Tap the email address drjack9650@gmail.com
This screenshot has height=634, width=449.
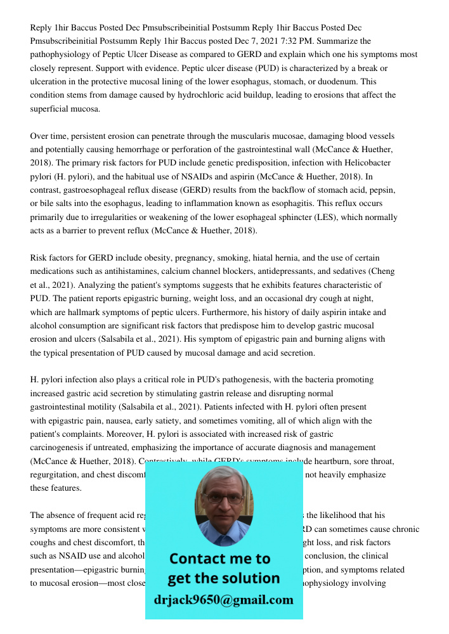(223, 600)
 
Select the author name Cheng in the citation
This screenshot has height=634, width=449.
(381, 271)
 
